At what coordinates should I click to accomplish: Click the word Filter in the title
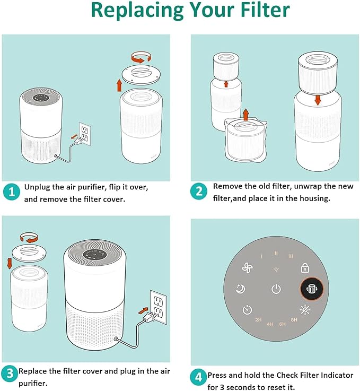pyautogui.click(x=265, y=10)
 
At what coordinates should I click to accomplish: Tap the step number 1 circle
pyautogui.click(x=12, y=192)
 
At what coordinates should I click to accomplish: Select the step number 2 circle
pyautogui.click(x=199, y=192)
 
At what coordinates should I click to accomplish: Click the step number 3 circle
pyautogui.click(x=10, y=373)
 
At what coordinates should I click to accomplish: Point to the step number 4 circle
pyautogui.click(x=198, y=377)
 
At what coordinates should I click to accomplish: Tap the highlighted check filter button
pyautogui.click(x=311, y=289)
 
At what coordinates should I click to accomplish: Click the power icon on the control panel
pyautogui.click(x=276, y=289)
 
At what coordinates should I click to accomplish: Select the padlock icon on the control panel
pyautogui.click(x=305, y=267)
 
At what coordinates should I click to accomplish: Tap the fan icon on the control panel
pyautogui.click(x=248, y=268)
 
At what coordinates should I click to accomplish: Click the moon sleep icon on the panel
pyautogui.click(x=240, y=289)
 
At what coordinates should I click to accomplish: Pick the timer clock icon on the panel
pyautogui.click(x=247, y=310)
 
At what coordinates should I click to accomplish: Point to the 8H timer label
pyautogui.click(x=294, y=320)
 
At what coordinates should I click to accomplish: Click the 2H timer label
pyautogui.click(x=258, y=320)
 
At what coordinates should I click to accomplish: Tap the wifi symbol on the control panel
pyautogui.click(x=276, y=270)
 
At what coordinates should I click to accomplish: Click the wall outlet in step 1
pyautogui.click(x=85, y=134)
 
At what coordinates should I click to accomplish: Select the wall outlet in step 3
pyautogui.click(x=159, y=307)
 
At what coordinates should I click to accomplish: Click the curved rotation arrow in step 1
pyautogui.click(x=141, y=57)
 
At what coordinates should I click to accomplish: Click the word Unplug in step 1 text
pyautogui.click(x=37, y=187)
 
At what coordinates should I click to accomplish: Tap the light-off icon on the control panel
pyautogui.click(x=305, y=310)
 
